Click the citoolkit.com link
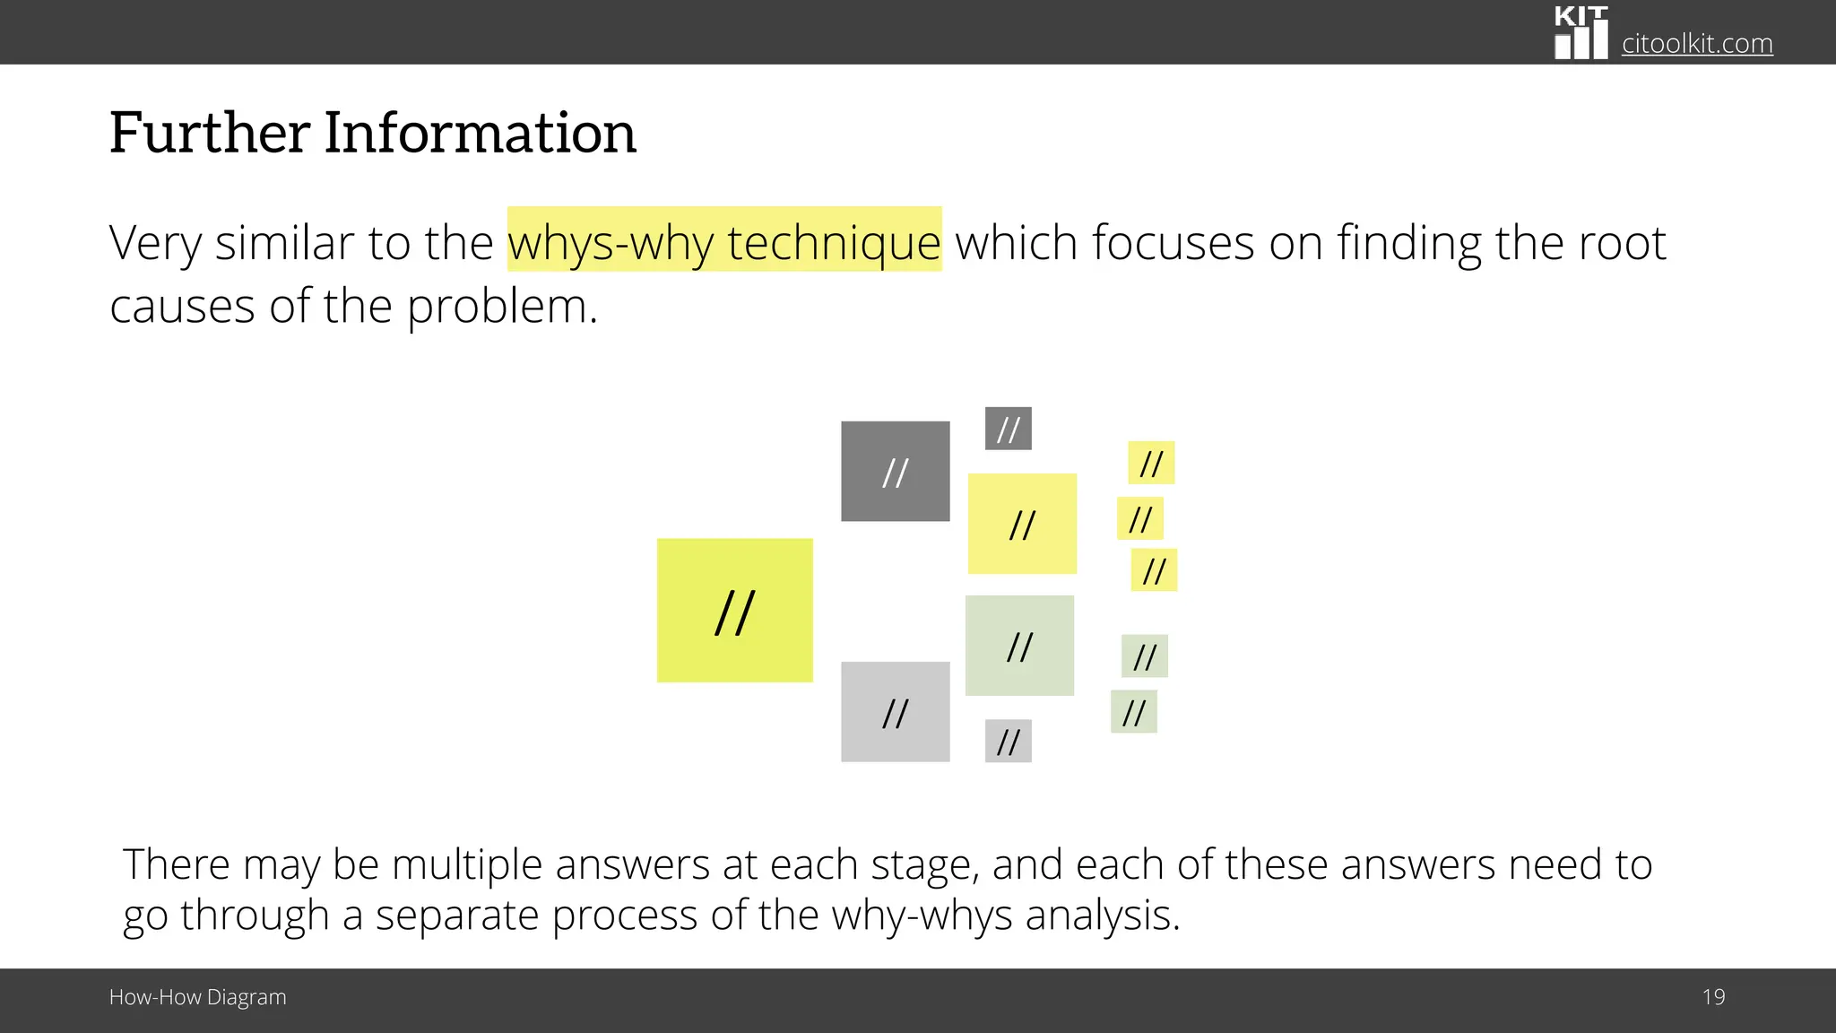1696,43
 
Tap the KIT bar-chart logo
1581,33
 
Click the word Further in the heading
210,133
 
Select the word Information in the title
480,133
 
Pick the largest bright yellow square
734,611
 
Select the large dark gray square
895,471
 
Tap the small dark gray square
1008,429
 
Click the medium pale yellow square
1022,524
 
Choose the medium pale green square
1019,646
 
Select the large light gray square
895,712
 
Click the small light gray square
1008,741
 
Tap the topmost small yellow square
1151,463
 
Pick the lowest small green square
1133,712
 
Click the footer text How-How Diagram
197,997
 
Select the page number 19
1713,997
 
